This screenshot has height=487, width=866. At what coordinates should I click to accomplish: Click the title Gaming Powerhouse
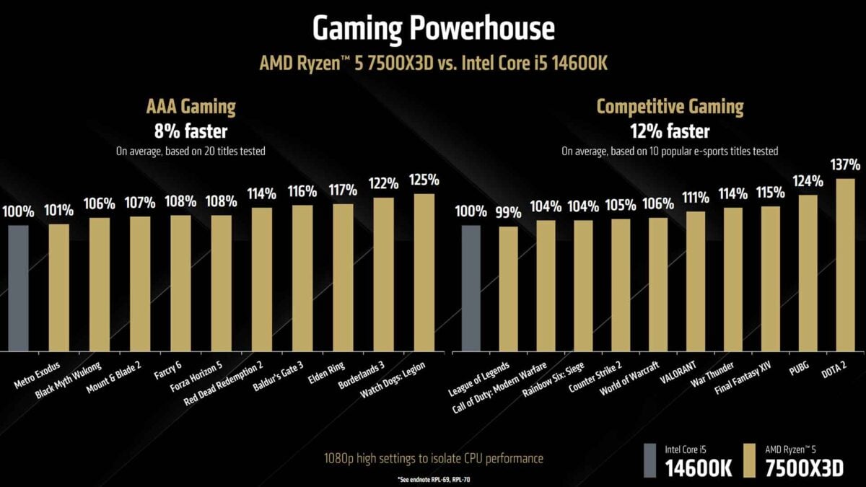coord(433,28)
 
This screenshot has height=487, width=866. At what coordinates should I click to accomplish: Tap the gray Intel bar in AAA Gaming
coord(18,288)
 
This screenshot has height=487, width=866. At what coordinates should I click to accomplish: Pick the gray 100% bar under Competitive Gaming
coord(471,288)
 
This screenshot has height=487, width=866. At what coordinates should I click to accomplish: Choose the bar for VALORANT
coord(696,281)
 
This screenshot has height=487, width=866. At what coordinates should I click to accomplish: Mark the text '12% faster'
coord(669,131)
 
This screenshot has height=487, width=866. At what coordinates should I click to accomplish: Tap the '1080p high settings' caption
coord(432,458)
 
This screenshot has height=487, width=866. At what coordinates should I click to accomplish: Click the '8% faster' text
coord(191,131)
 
